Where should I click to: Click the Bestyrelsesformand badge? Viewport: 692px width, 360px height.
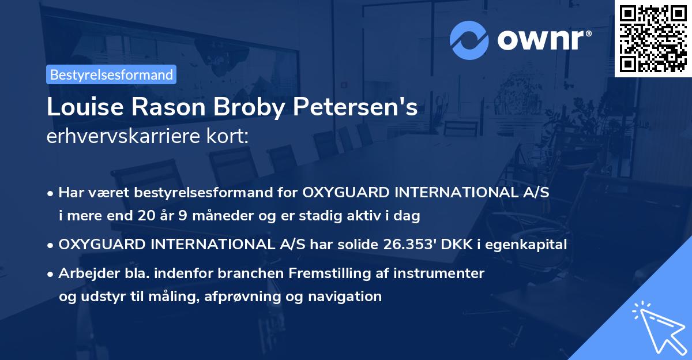111,74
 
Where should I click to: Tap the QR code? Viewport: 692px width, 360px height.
653,38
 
